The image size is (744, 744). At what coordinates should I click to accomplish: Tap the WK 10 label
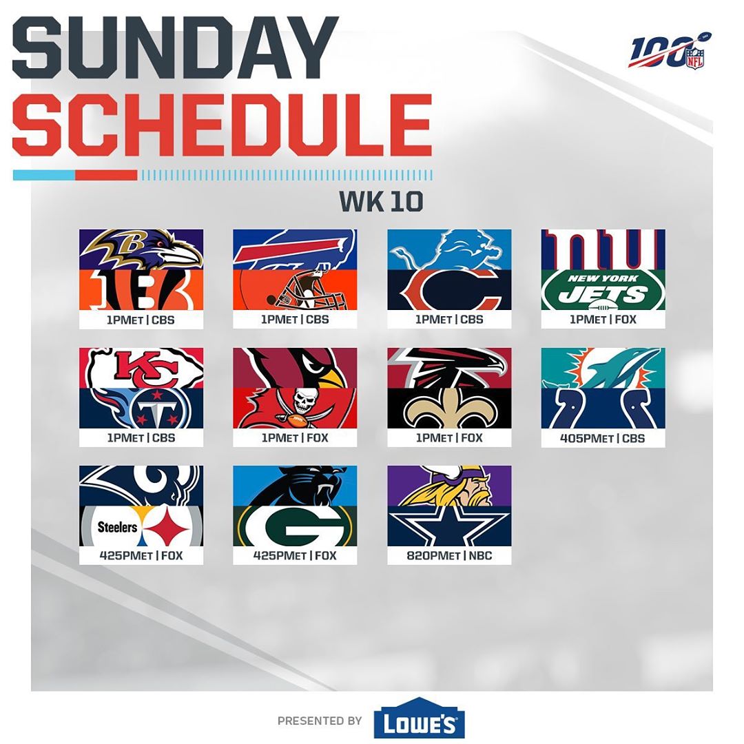tap(381, 201)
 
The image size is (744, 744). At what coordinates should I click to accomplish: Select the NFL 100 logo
tap(669, 51)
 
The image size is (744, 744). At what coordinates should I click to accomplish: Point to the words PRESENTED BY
tap(320, 721)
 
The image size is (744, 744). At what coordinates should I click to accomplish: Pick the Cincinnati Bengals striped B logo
tap(141, 290)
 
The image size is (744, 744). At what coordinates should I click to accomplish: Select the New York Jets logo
tap(603, 290)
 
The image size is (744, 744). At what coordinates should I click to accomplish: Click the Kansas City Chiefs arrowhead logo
tap(141, 368)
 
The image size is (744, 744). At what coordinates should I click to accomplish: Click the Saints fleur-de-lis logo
tap(449, 409)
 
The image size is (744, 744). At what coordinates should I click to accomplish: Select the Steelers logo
tap(141, 526)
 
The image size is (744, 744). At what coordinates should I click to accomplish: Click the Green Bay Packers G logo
tap(295, 526)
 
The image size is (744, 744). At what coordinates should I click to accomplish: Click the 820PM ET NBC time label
tap(449, 556)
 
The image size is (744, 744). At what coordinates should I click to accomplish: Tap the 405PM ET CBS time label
tap(603, 438)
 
